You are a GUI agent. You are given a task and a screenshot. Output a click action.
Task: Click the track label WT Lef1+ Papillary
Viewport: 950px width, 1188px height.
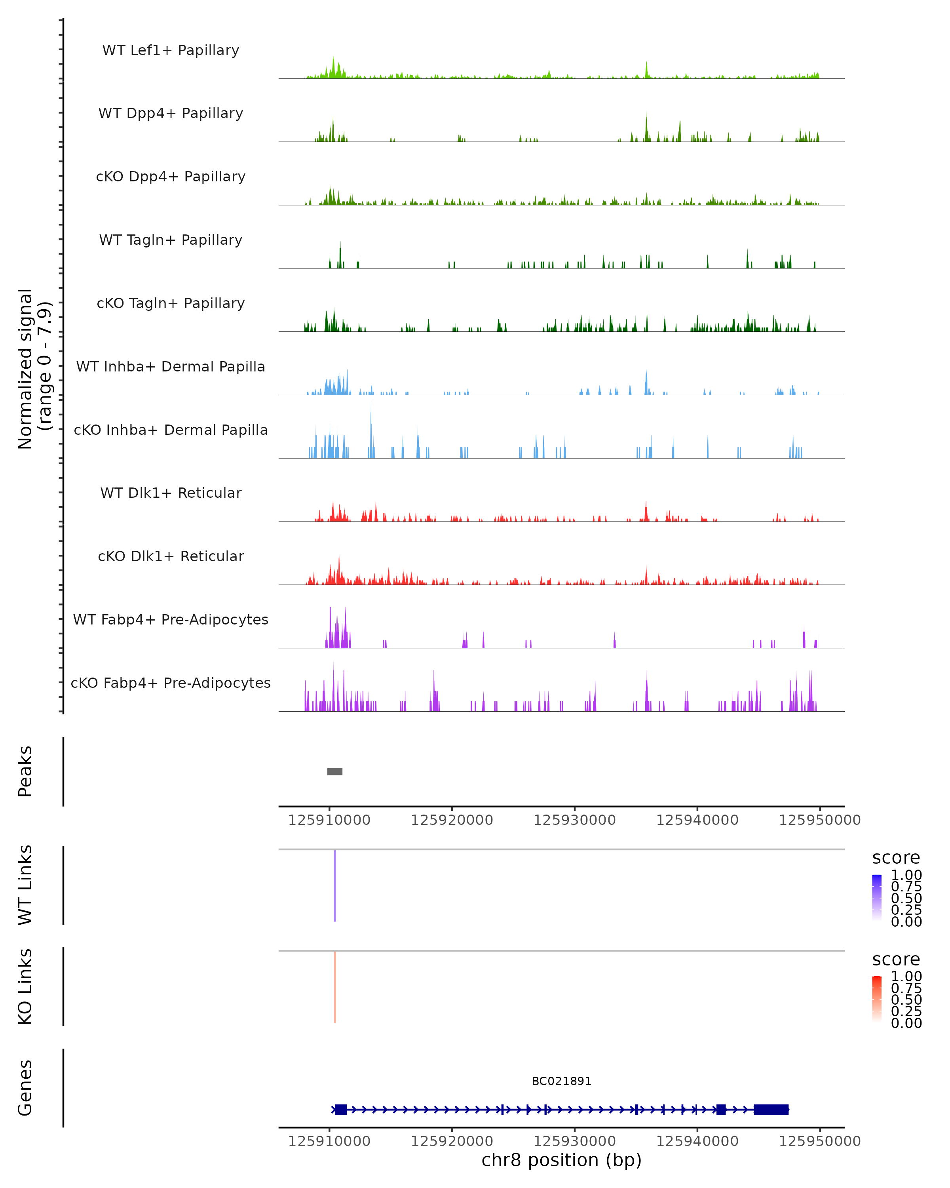point(171,50)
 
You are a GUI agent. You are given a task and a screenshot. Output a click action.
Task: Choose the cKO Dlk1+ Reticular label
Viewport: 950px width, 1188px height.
point(171,556)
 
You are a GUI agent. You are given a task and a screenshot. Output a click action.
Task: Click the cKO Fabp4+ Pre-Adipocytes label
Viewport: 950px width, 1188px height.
point(171,683)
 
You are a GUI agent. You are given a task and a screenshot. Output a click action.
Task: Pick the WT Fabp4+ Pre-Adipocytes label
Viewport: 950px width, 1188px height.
point(171,619)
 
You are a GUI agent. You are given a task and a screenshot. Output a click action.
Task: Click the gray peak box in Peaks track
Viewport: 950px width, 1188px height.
point(335,771)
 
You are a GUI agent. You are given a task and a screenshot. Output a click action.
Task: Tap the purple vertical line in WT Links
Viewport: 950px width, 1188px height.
point(335,885)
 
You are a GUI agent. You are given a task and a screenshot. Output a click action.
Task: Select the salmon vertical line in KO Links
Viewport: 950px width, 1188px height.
point(335,987)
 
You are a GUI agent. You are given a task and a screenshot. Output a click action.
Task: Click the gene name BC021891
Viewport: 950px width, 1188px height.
point(561,1081)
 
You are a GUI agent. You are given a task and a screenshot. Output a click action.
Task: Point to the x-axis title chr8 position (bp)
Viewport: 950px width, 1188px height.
point(561,1160)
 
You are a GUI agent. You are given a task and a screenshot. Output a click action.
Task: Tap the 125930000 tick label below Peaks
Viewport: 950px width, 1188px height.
point(574,820)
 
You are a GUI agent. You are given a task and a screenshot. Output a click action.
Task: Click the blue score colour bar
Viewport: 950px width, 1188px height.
point(877,897)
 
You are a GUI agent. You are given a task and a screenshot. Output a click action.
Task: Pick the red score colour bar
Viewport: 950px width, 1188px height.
point(877,998)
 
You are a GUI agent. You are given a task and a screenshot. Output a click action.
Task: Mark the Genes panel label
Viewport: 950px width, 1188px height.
point(25,1088)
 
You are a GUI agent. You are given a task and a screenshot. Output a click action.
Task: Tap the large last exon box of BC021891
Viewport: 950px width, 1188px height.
point(771,1110)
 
